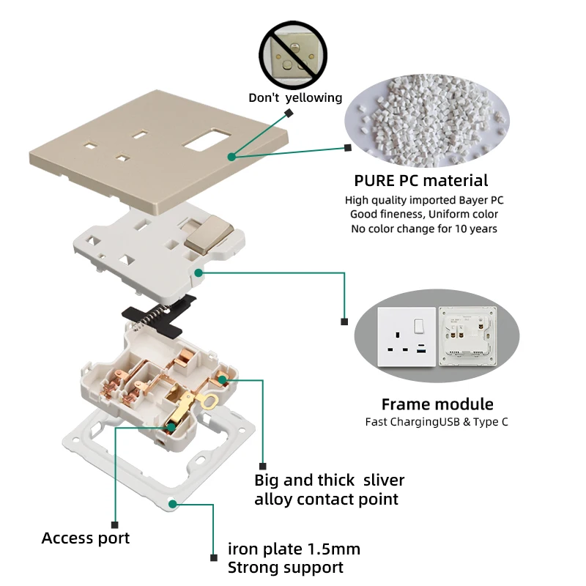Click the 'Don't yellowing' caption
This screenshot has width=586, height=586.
[x=295, y=97]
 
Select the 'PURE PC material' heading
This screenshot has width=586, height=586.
[x=421, y=180]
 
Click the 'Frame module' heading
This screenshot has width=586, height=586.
[x=437, y=404]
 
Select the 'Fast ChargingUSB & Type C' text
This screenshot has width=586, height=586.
[x=437, y=421]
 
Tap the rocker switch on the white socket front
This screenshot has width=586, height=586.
[x=419, y=326]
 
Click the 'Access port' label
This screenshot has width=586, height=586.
[x=86, y=538]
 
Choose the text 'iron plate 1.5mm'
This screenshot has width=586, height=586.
[x=294, y=549]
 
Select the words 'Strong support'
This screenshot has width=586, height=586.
[x=286, y=567]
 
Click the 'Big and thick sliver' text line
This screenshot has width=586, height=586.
[x=329, y=481]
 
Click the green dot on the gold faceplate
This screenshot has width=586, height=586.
[x=231, y=156]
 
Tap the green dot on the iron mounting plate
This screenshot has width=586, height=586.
[x=172, y=504]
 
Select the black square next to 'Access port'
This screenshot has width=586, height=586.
[x=114, y=524]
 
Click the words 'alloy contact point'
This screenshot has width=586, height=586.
[x=326, y=500]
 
